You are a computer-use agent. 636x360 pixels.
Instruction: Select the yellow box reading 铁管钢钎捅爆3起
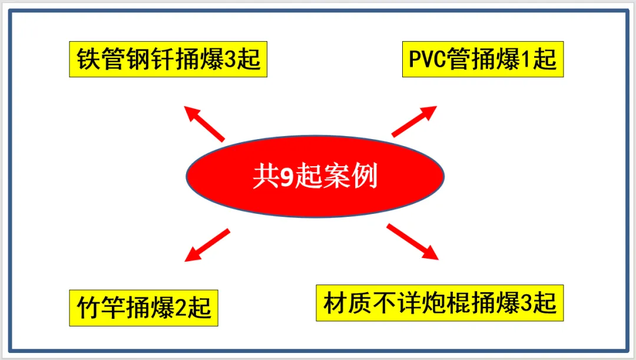tap(168, 60)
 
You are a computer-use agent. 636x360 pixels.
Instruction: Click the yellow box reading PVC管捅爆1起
tap(483, 60)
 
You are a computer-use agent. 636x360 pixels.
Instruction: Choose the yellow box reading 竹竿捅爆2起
tap(144, 308)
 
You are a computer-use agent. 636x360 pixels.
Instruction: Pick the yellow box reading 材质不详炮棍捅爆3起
tap(440, 303)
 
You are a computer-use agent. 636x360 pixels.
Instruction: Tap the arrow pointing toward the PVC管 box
tap(414, 121)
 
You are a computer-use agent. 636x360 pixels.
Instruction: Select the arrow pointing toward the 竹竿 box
tap(207, 245)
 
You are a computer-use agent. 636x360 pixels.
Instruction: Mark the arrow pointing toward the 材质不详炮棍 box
tap(412, 242)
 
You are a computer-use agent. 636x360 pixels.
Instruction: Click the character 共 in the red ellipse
tap(264, 176)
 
